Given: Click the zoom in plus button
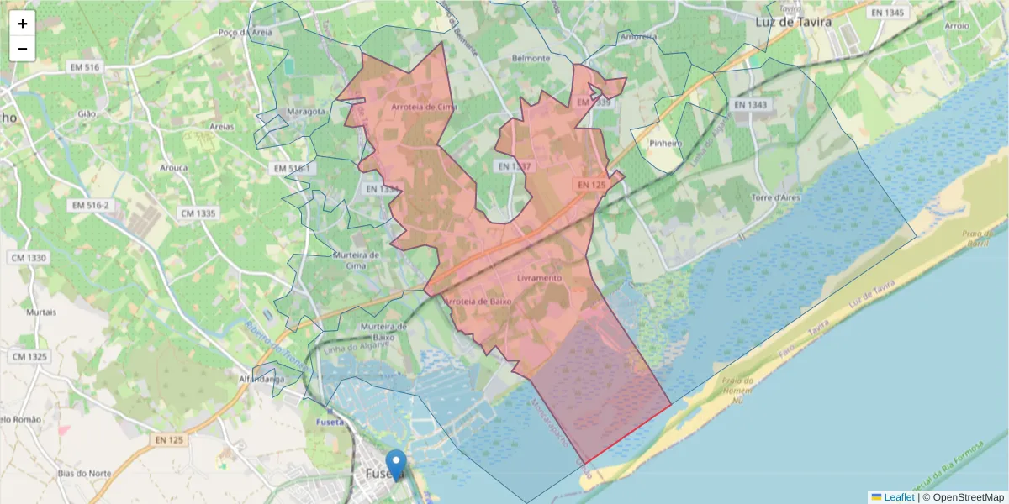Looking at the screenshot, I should pyautogui.click(x=23, y=24).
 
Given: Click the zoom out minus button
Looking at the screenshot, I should pyautogui.click(x=23, y=49).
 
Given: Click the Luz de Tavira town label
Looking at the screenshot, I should pyautogui.click(x=793, y=22).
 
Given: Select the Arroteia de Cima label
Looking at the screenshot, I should pyautogui.click(x=424, y=108).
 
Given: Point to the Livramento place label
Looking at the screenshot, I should pyautogui.click(x=539, y=278).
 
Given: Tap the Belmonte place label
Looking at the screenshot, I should pyautogui.click(x=531, y=59).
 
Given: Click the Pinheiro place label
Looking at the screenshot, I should pyautogui.click(x=664, y=144).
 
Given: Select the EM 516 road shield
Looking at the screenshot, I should pyautogui.click(x=86, y=66).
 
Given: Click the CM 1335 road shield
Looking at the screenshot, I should pyautogui.click(x=198, y=213).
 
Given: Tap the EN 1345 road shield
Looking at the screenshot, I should pyautogui.click(x=888, y=13).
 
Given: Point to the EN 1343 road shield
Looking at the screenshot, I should pyautogui.click(x=750, y=105).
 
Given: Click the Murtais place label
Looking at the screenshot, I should pyautogui.click(x=41, y=312).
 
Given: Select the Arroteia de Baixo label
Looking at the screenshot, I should pyautogui.click(x=477, y=302).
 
